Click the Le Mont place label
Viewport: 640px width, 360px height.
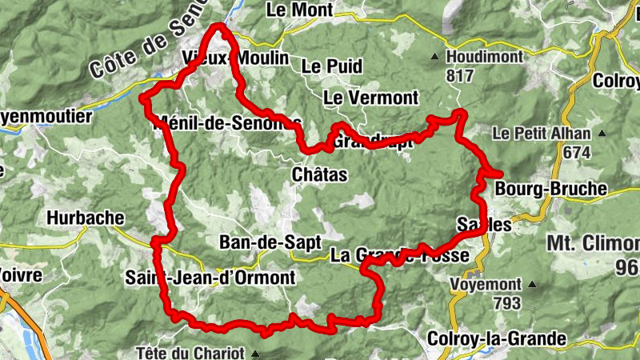point(294,10)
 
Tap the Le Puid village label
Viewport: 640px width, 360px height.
point(332,66)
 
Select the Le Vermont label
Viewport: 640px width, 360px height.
point(370,98)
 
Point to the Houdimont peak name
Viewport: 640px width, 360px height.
point(485,58)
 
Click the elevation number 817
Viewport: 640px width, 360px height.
point(461,77)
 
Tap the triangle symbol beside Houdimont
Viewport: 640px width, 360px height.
point(434,57)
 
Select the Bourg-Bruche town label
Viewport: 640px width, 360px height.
point(551,190)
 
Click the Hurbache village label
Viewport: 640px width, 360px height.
point(86,217)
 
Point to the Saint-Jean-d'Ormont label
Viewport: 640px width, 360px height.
point(210,278)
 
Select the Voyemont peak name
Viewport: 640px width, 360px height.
point(486,284)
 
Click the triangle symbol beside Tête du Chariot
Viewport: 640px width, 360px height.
point(256,353)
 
